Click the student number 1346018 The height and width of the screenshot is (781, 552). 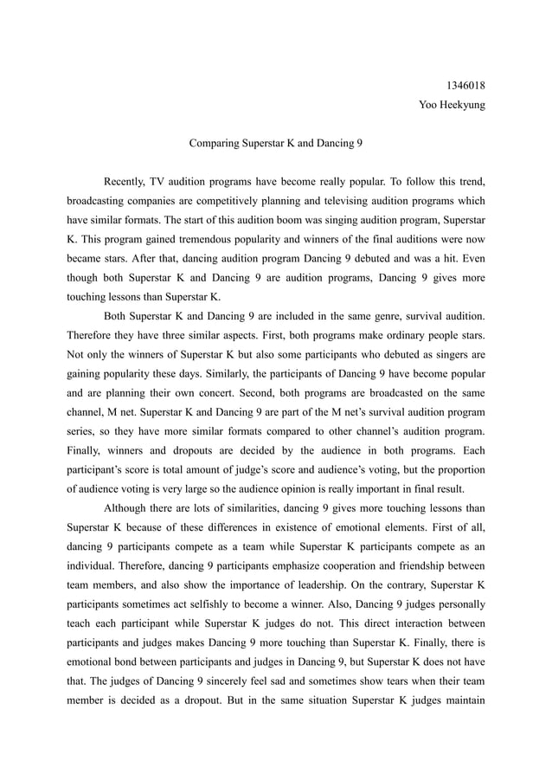tap(465, 86)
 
